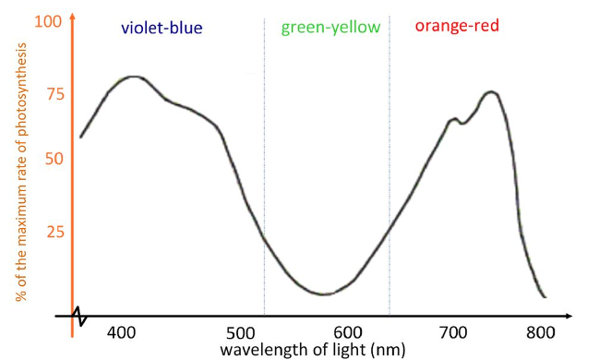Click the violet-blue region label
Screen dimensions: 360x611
click(x=161, y=28)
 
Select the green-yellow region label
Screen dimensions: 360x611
click(x=330, y=27)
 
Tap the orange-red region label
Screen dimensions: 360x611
click(x=457, y=26)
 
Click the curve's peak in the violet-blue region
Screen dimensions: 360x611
click(x=134, y=77)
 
